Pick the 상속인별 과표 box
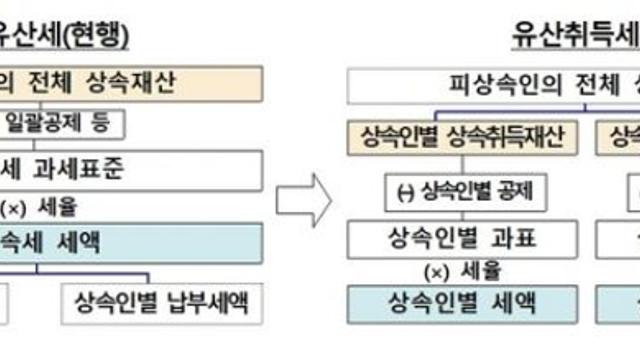pyautogui.click(x=461, y=239)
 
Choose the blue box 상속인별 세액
pyautogui.click(x=461, y=301)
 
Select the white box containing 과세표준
pyautogui.click(x=130, y=166)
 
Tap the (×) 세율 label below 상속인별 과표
pyautogui.click(x=461, y=270)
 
